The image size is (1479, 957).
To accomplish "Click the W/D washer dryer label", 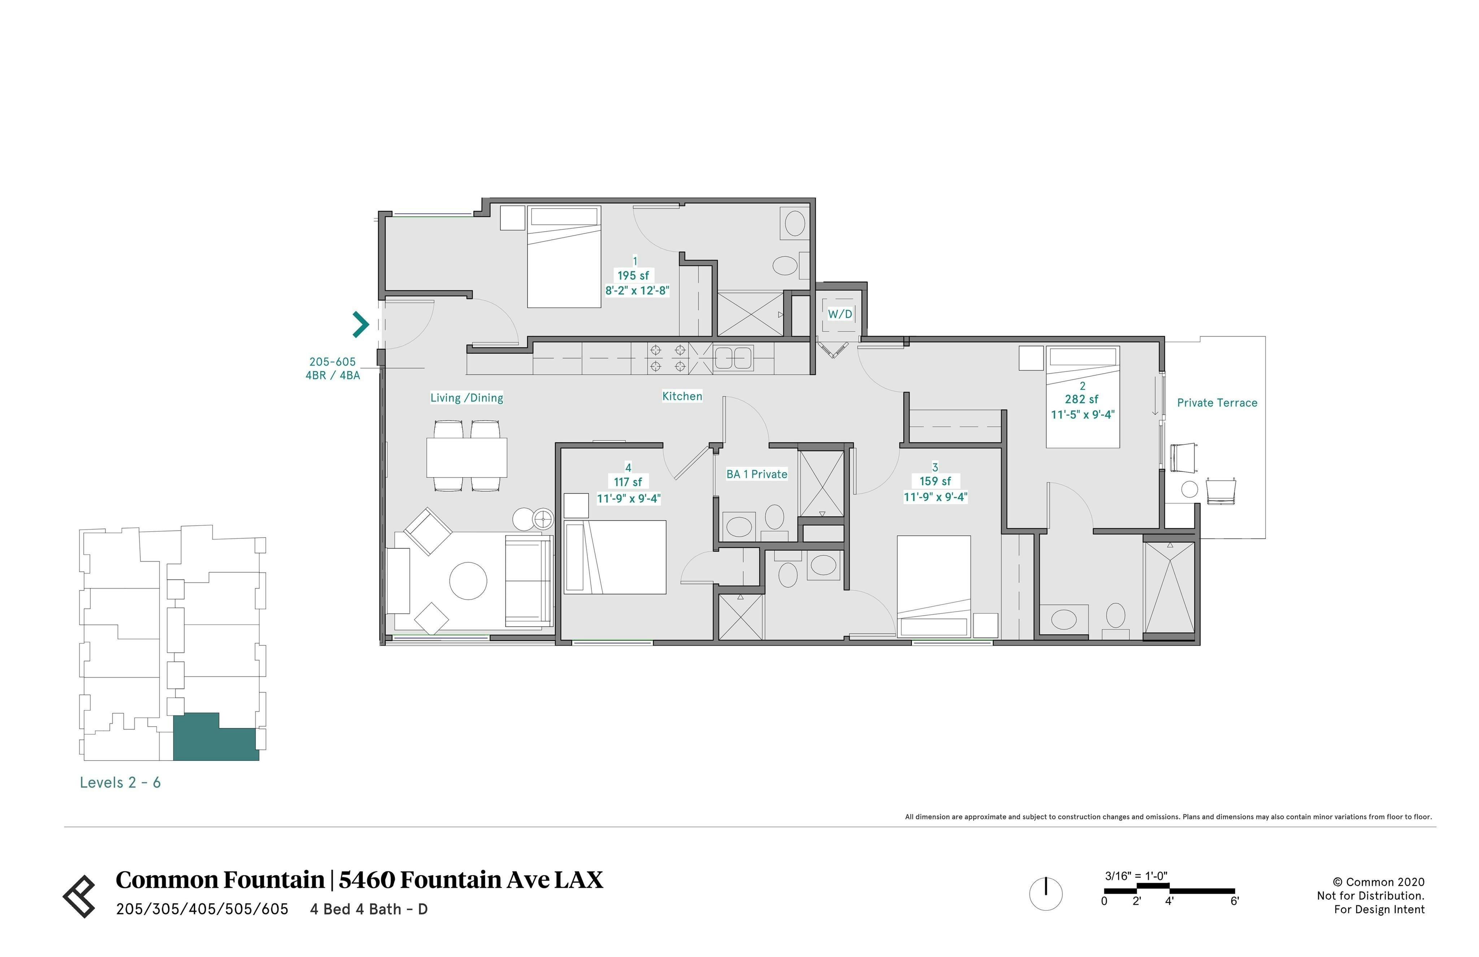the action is coord(840,315).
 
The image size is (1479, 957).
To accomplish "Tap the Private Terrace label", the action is coord(1217,403).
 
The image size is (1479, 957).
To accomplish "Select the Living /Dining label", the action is coord(467,398).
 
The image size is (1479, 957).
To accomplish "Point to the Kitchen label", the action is coord(682,396).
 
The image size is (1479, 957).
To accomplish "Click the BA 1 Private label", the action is coord(756,474).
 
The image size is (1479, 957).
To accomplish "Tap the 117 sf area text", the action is coord(628,482).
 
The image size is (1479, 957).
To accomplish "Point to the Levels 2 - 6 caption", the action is coord(120,782).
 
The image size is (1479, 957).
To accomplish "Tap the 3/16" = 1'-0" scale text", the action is coord(1136,876).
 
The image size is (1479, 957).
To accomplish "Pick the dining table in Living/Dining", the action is coord(467,457).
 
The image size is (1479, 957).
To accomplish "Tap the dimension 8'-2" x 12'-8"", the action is coord(637,290).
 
